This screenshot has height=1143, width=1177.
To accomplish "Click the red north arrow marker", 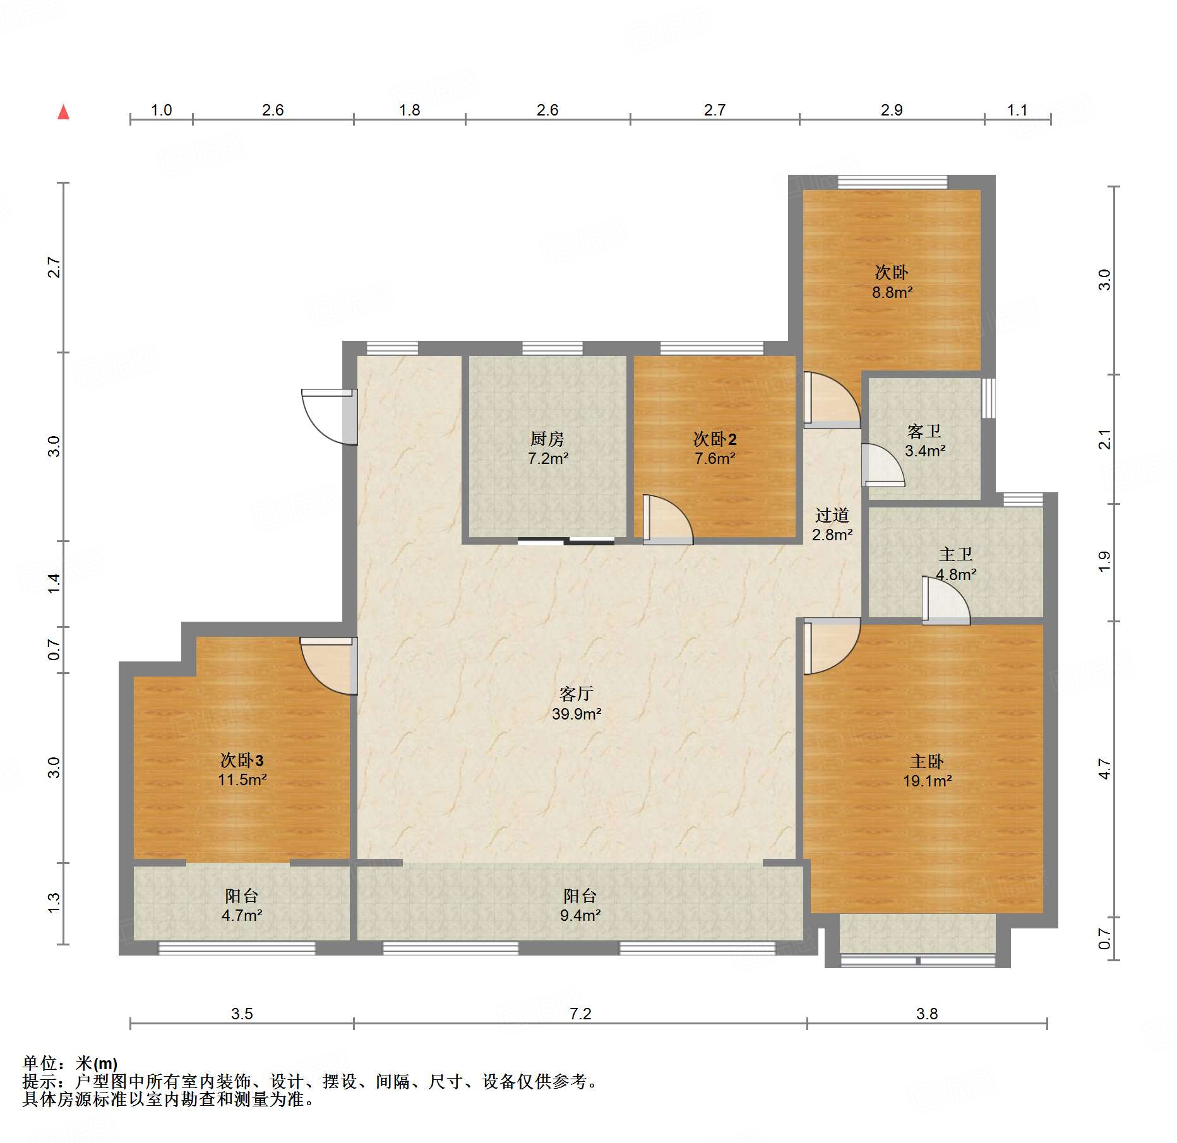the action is tap(63, 112).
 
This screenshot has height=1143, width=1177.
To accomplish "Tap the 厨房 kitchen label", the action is tap(547, 439).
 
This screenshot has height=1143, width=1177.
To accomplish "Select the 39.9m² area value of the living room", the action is tap(577, 714).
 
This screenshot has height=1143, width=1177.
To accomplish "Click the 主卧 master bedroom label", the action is tap(927, 761).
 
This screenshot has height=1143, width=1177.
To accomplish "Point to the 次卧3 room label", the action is tap(242, 760).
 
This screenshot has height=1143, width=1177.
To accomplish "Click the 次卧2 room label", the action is tap(715, 439).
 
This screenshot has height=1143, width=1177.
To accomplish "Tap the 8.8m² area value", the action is tap(892, 292).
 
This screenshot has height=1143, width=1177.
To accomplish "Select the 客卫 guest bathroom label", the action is tap(924, 432).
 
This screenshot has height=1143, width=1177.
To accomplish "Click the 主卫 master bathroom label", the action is tap(956, 555).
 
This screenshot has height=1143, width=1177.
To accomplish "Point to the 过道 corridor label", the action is tap(832, 516).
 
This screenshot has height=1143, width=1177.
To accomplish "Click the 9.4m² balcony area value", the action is tap(580, 915).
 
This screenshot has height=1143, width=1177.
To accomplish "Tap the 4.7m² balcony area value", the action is tap(242, 915).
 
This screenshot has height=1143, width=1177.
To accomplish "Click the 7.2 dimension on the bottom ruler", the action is tap(580, 1014).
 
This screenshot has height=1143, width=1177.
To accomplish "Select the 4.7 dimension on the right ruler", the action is tap(1104, 769).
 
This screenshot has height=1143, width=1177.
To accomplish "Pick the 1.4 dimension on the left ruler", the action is tap(54, 583).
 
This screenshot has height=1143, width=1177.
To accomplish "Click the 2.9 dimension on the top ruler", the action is tap(892, 110).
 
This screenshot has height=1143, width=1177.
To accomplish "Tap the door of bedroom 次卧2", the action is tap(668, 519).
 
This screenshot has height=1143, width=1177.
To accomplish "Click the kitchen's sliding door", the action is tap(566, 540).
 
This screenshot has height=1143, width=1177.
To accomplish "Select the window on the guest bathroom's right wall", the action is tap(988, 398).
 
